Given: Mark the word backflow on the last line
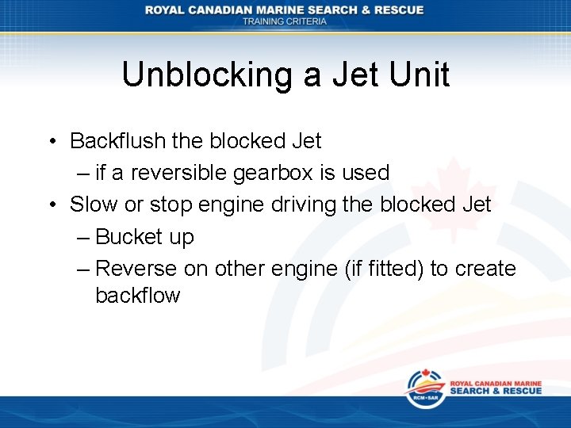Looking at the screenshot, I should (x=137, y=296).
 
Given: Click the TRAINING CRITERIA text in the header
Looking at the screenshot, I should (x=285, y=21).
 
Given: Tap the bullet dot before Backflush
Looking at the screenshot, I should (x=51, y=142).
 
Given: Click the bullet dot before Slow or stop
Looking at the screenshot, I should (x=51, y=205).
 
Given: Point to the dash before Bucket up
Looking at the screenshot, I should (x=84, y=237).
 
